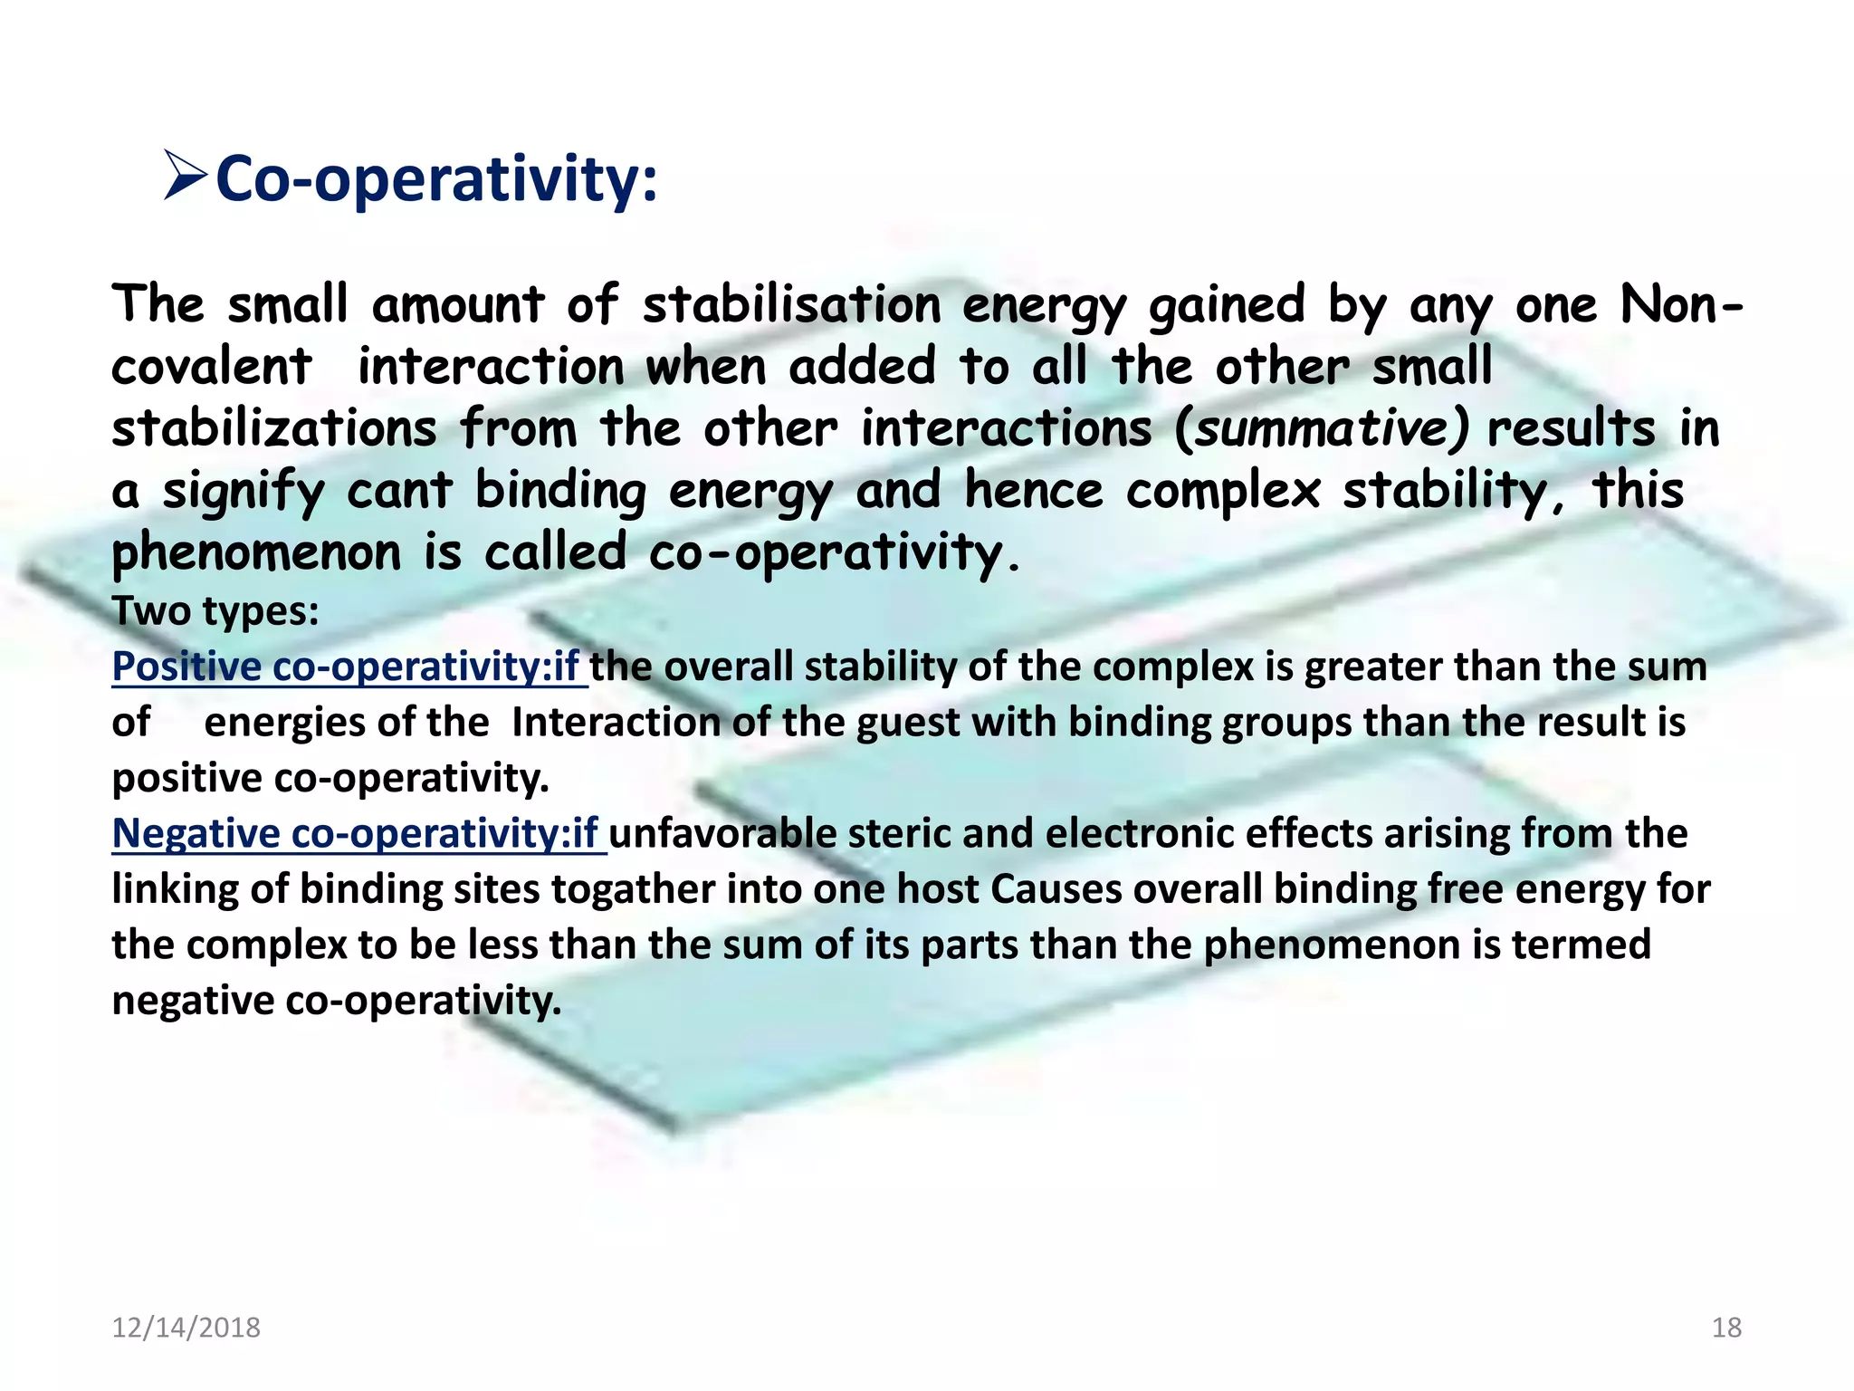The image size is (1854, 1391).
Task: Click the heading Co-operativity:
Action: tap(436, 178)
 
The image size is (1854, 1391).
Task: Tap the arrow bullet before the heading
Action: tap(186, 177)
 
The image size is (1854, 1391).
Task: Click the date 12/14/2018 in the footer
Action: tap(186, 1328)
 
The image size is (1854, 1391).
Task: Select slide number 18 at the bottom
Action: tap(1726, 1328)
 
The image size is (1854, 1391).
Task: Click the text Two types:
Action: tap(215, 611)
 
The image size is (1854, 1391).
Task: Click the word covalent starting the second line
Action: tap(211, 367)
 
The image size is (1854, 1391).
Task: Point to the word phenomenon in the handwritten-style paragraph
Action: tap(255, 552)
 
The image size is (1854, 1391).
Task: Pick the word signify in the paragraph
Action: tap(243, 492)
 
